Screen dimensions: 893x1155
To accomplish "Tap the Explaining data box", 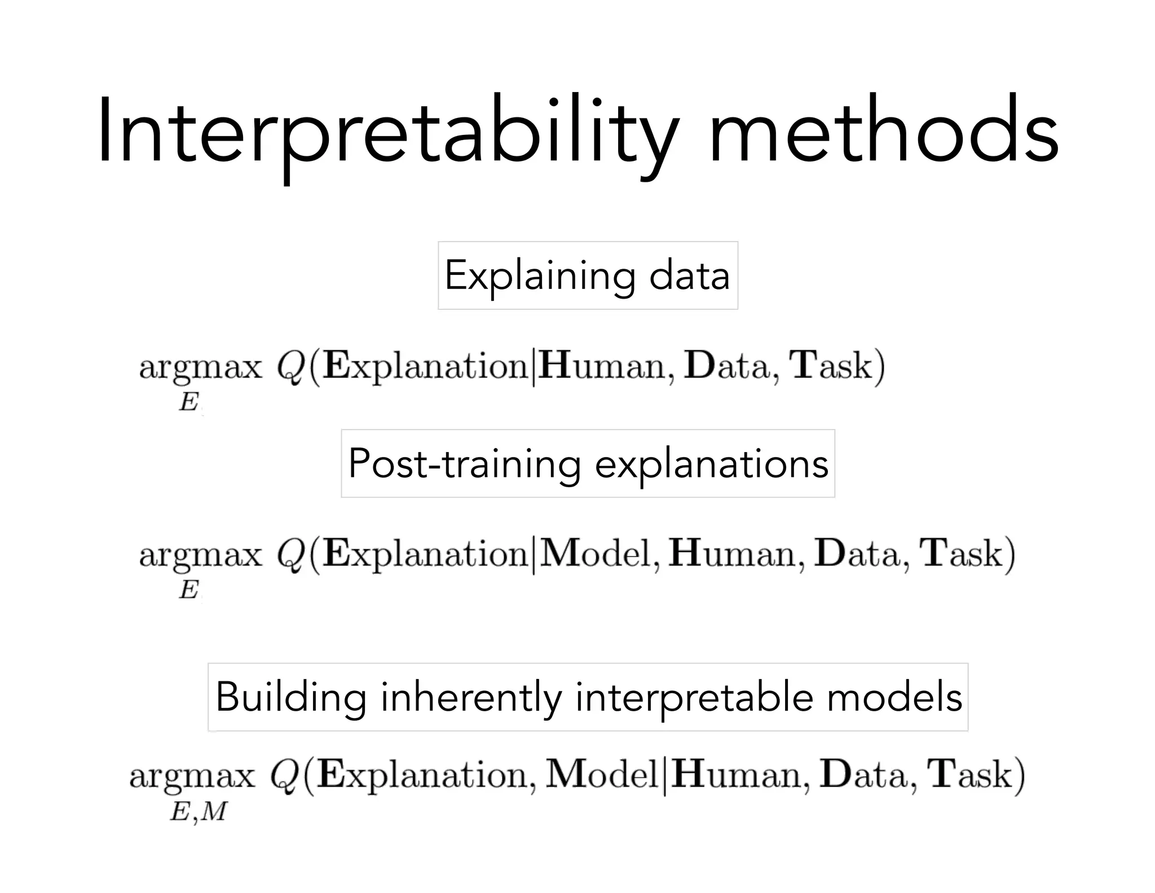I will pyautogui.click(x=588, y=275).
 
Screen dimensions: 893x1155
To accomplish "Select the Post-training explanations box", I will pyautogui.click(x=588, y=463).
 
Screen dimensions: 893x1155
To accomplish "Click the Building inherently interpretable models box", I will pyautogui.click(x=588, y=697).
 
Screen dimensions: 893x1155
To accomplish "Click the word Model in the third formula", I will pyautogui.click(x=602, y=774).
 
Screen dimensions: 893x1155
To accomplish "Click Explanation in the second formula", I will pyautogui.click(x=426, y=554).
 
